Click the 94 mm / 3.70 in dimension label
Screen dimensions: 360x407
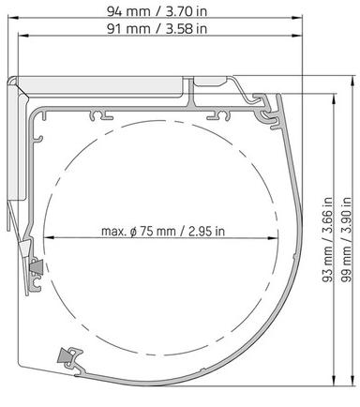(x=157, y=11)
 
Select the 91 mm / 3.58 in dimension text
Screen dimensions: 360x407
(x=157, y=29)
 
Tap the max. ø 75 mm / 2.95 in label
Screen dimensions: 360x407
(x=163, y=232)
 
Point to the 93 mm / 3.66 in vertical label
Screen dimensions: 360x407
(x=327, y=240)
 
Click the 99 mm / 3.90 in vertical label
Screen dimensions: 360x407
(x=346, y=240)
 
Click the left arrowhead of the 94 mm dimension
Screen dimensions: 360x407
(x=12, y=18)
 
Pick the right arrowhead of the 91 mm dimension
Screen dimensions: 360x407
(x=297, y=36)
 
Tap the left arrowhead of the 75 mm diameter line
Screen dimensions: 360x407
(x=50, y=237)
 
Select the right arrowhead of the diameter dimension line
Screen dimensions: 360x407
(x=273, y=238)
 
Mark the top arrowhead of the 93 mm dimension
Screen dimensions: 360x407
(x=335, y=99)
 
